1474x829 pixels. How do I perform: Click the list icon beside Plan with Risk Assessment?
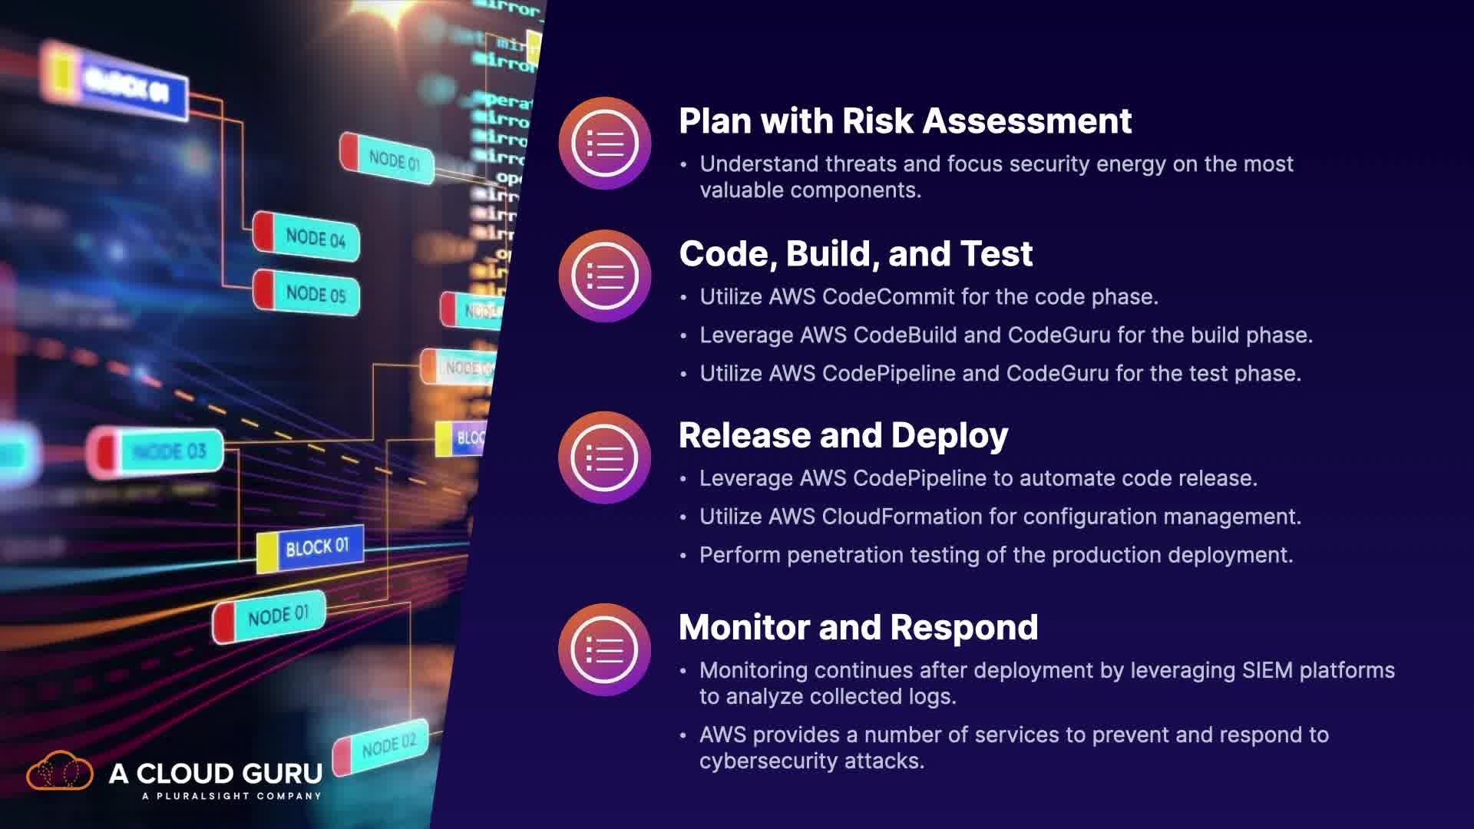(605, 144)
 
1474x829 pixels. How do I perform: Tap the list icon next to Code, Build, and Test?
(605, 276)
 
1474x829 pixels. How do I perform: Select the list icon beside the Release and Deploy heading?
(605, 458)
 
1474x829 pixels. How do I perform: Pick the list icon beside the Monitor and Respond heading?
(605, 650)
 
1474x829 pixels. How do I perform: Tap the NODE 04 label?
(315, 238)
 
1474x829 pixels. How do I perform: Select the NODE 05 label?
(315, 294)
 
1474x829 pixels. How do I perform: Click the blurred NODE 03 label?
(169, 451)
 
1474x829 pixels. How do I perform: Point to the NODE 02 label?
(388, 745)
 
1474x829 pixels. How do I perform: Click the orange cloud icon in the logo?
(60, 771)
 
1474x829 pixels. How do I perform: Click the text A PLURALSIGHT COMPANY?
(231, 796)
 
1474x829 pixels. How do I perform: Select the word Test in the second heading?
(996, 254)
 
